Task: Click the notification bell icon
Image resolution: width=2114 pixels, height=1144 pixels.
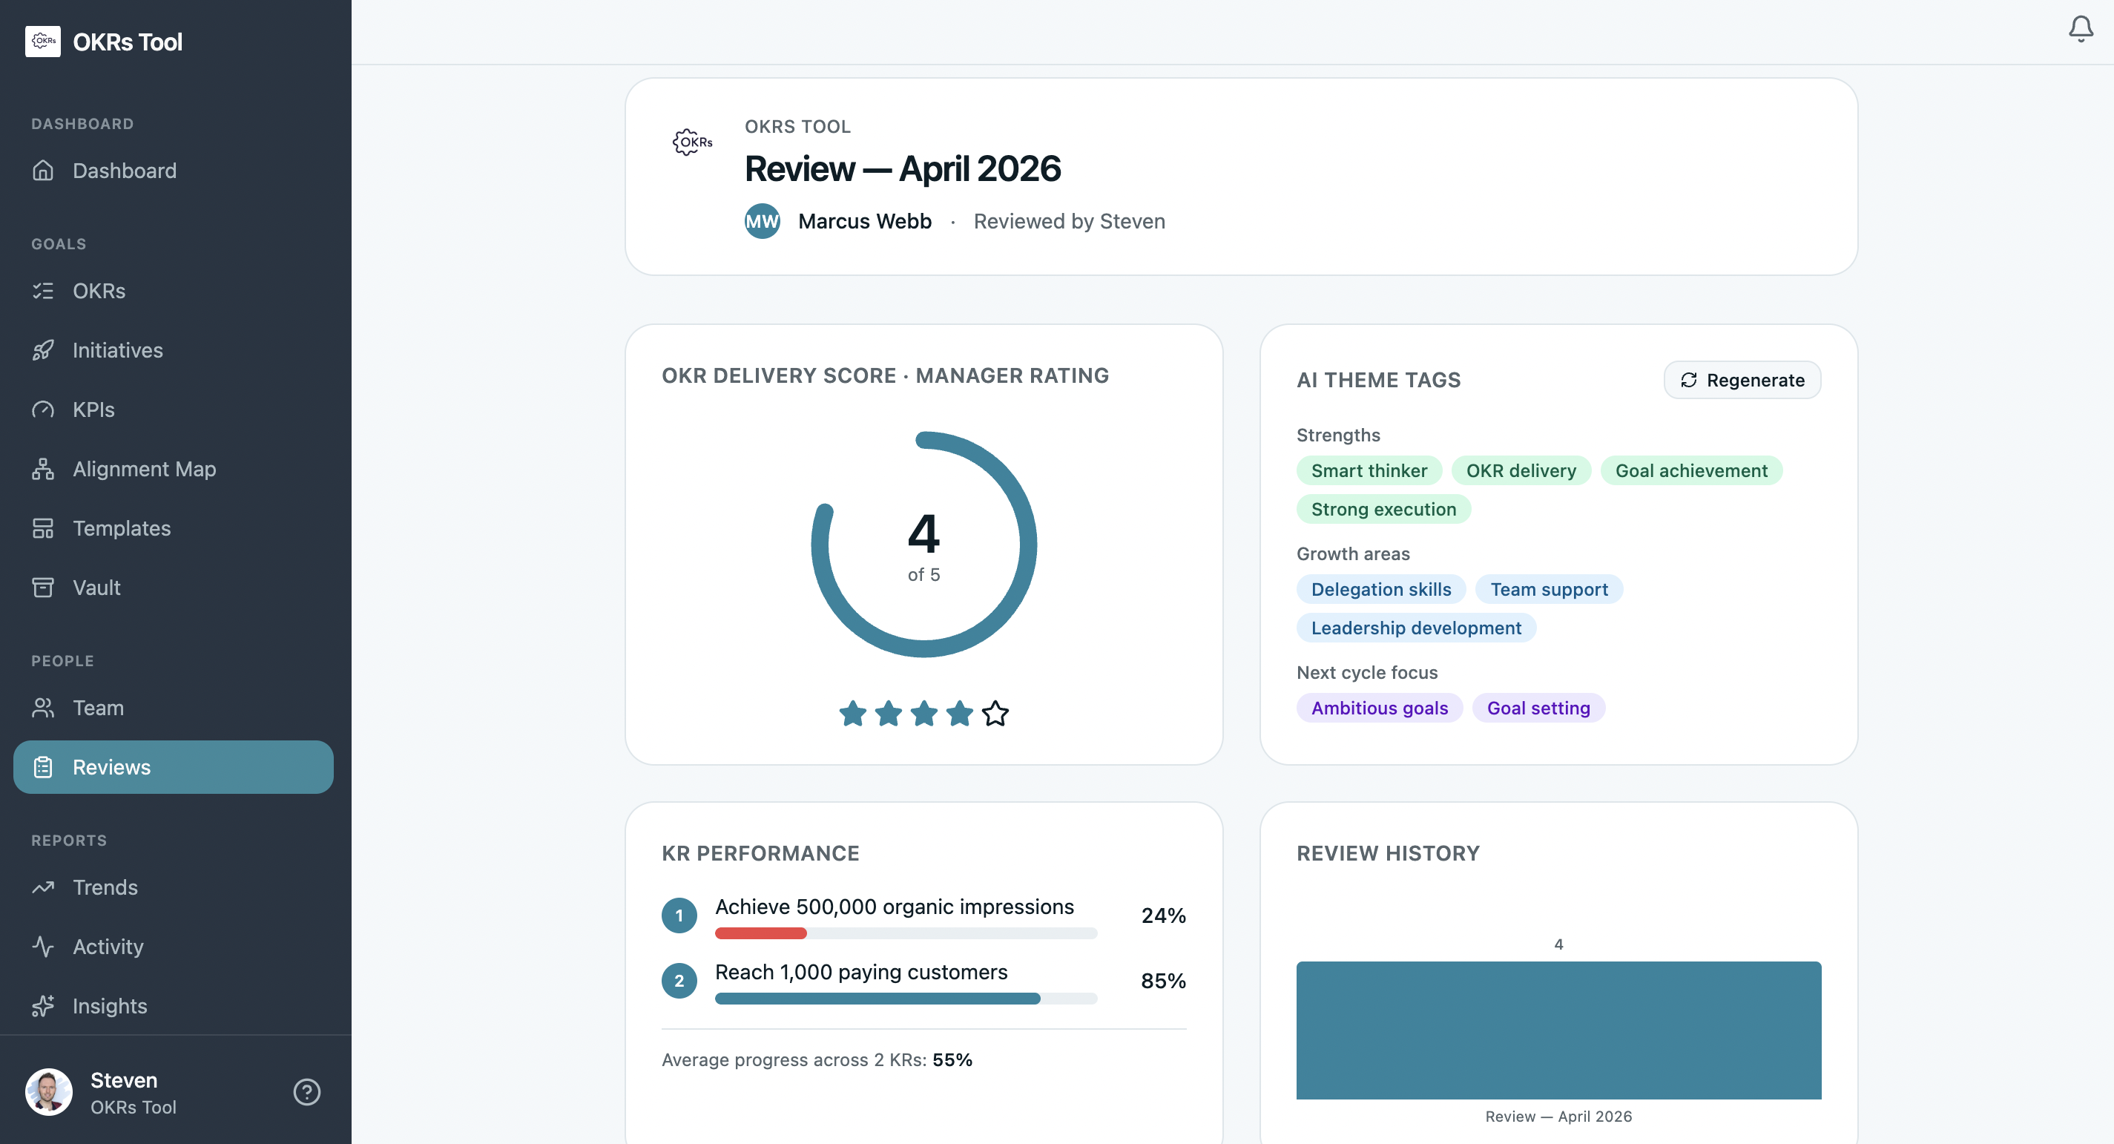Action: click(x=2081, y=30)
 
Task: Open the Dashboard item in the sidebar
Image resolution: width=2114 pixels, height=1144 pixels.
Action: click(x=124, y=171)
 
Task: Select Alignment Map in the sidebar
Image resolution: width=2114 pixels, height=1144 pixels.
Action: click(x=144, y=469)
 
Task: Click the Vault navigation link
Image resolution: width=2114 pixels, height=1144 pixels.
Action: click(x=96, y=588)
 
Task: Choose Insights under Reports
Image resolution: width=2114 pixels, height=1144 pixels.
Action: click(x=109, y=1005)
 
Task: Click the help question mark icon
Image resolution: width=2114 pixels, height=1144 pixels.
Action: click(x=307, y=1091)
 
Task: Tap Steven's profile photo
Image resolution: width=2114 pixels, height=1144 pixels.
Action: click(x=48, y=1091)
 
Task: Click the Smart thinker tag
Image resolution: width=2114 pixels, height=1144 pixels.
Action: click(x=1368, y=470)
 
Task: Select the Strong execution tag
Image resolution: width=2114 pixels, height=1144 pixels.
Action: click(x=1383, y=509)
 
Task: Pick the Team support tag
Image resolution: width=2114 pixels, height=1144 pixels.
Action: click(x=1548, y=589)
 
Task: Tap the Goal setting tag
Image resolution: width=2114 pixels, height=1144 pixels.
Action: click(x=1538, y=708)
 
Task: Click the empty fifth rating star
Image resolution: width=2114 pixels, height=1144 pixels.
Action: click(x=995, y=713)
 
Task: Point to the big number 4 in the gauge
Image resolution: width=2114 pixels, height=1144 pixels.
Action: click(x=923, y=534)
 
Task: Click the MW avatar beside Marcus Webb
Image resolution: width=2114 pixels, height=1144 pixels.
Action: click(x=762, y=221)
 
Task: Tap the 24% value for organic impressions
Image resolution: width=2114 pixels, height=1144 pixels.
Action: click(x=1162, y=915)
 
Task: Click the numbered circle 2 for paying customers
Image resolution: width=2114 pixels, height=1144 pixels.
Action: click(x=679, y=981)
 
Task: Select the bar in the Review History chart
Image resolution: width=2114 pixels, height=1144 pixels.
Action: click(x=1558, y=1030)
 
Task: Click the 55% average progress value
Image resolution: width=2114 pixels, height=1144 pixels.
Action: click(x=952, y=1059)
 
